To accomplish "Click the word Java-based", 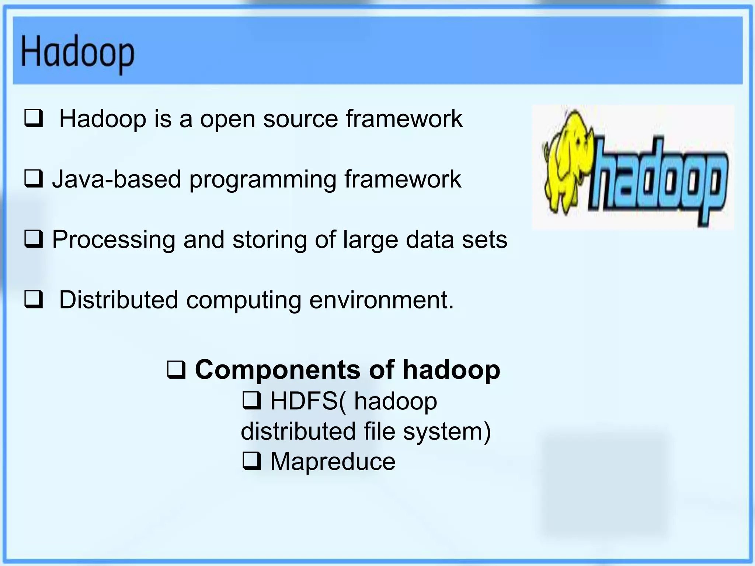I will [116, 179].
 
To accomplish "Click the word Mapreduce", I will [333, 461].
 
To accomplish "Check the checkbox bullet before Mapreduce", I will [252, 461].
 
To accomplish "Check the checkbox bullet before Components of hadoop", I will [176, 370].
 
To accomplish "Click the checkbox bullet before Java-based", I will [34, 179].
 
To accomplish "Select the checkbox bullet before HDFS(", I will [252, 401].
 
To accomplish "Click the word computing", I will [244, 300].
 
